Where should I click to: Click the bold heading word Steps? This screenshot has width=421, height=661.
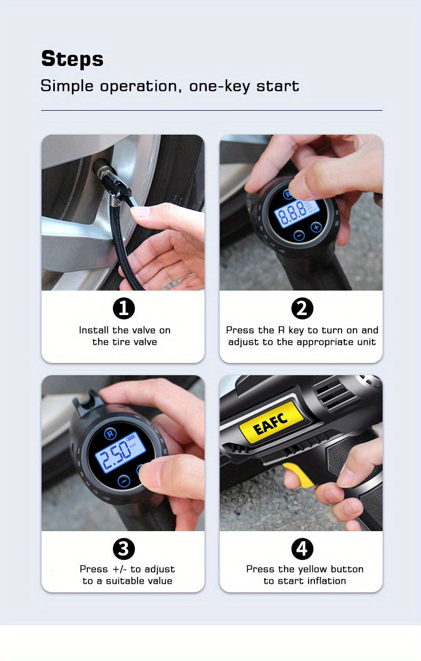(x=72, y=59)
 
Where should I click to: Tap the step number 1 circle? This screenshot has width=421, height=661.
(x=124, y=309)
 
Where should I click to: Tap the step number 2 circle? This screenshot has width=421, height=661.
(x=302, y=309)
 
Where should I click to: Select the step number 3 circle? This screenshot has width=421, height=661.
(x=124, y=549)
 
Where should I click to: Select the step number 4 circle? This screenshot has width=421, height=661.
(x=302, y=549)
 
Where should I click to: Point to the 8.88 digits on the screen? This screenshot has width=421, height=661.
(x=291, y=211)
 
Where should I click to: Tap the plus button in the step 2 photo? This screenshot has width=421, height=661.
(x=316, y=227)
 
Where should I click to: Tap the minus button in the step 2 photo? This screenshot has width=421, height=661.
(x=299, y=235)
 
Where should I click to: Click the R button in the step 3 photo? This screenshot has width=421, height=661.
(x=110, y=433)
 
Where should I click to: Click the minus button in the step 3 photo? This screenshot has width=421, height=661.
(x=124, y=481)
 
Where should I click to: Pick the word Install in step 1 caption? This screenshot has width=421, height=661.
(x=94, y=330)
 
